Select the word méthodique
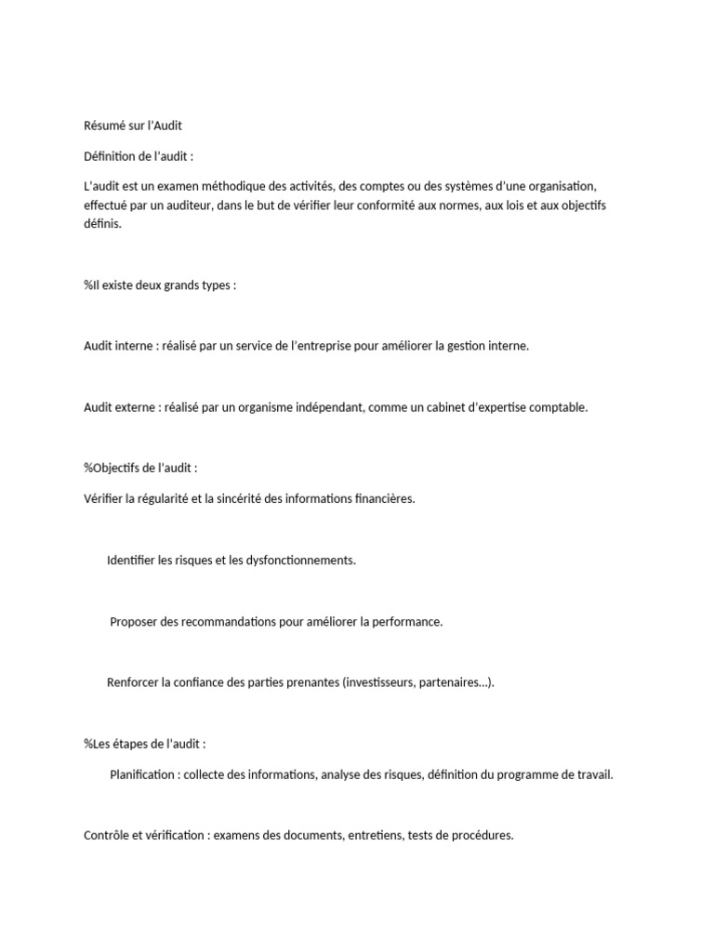coord(224,187)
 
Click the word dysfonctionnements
coord(294,561)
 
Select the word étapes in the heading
coord(137,744)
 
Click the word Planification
coord(142,774)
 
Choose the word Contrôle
coord(106,836)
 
